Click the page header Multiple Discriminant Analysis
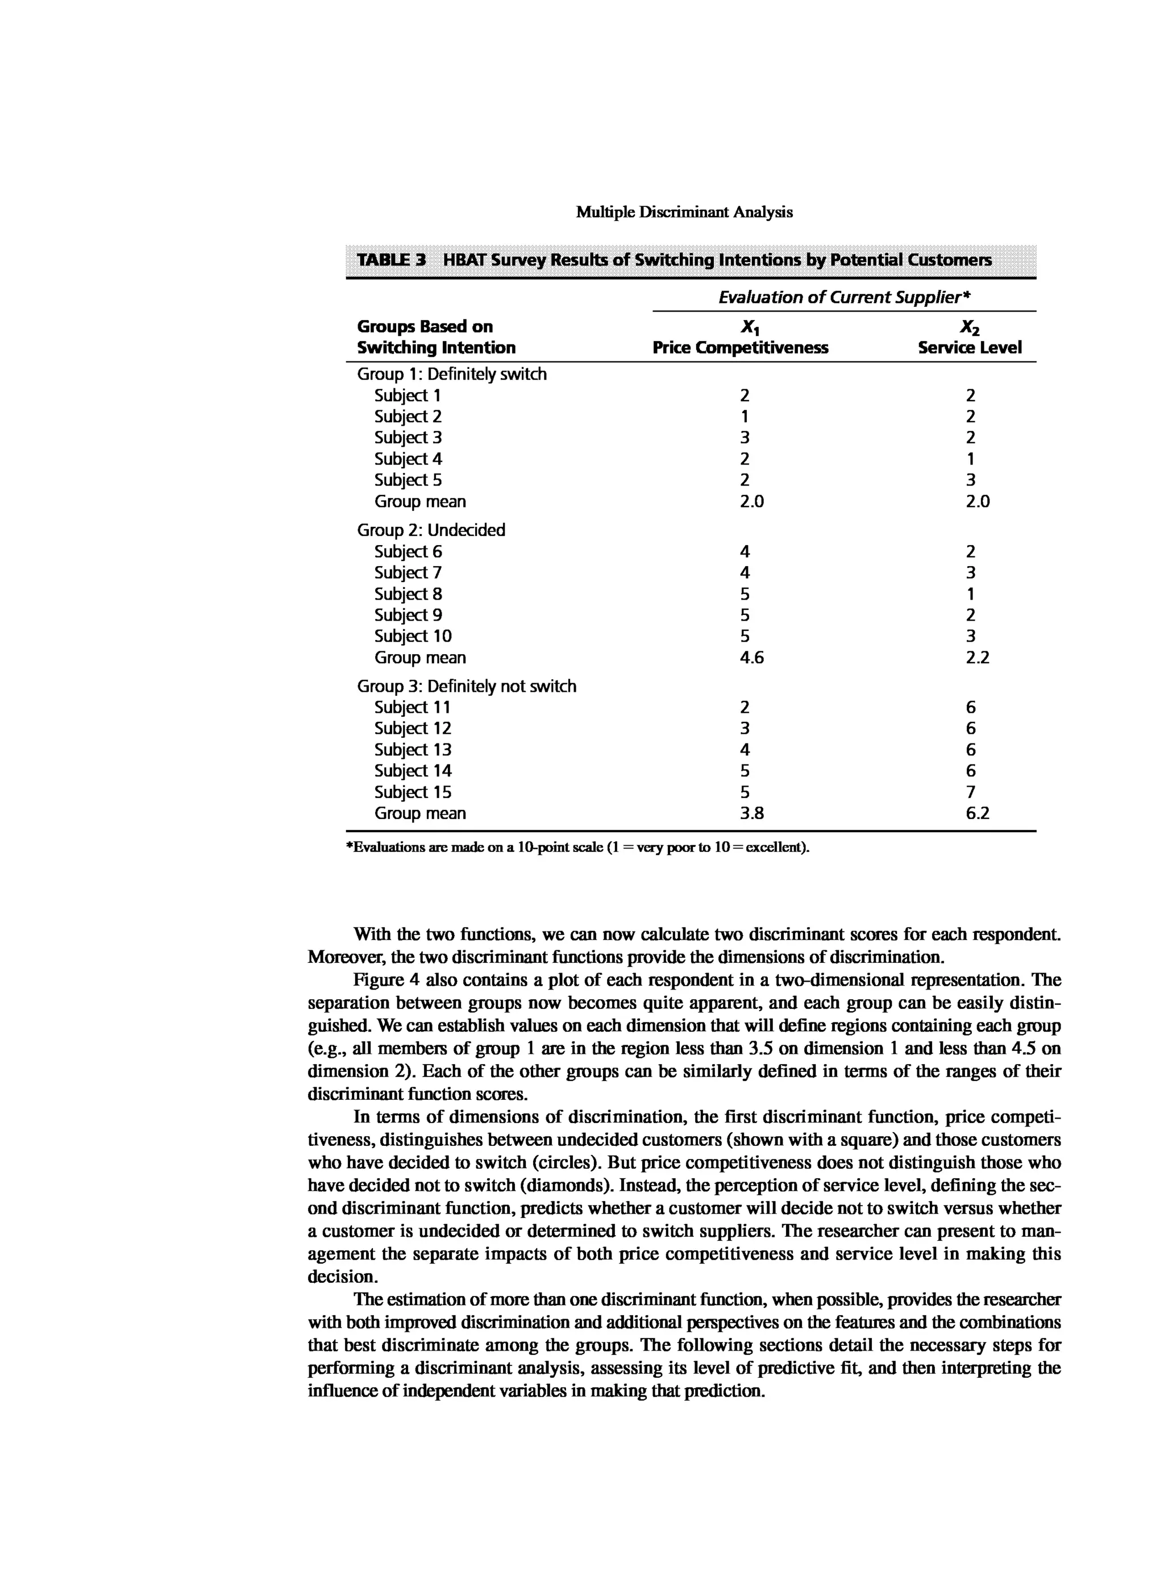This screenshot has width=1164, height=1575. point(684,212)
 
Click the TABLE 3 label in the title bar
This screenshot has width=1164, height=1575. point(391,260)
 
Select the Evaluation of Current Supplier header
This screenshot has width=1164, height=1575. point(843,297)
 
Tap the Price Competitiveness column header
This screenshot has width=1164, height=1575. point(740,347)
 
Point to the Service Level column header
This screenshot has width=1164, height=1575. point(970,347)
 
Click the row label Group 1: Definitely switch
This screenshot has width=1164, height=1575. point(452,374)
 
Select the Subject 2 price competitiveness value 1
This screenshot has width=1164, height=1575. point(745,417)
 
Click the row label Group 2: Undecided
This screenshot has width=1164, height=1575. point(431,530)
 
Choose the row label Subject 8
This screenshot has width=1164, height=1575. point(408,594)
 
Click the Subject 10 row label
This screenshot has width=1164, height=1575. point(413,637)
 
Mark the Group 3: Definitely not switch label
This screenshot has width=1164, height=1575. point(467,687)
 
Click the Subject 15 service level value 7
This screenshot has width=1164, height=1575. point(970,792)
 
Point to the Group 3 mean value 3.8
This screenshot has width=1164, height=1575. point(752,813)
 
